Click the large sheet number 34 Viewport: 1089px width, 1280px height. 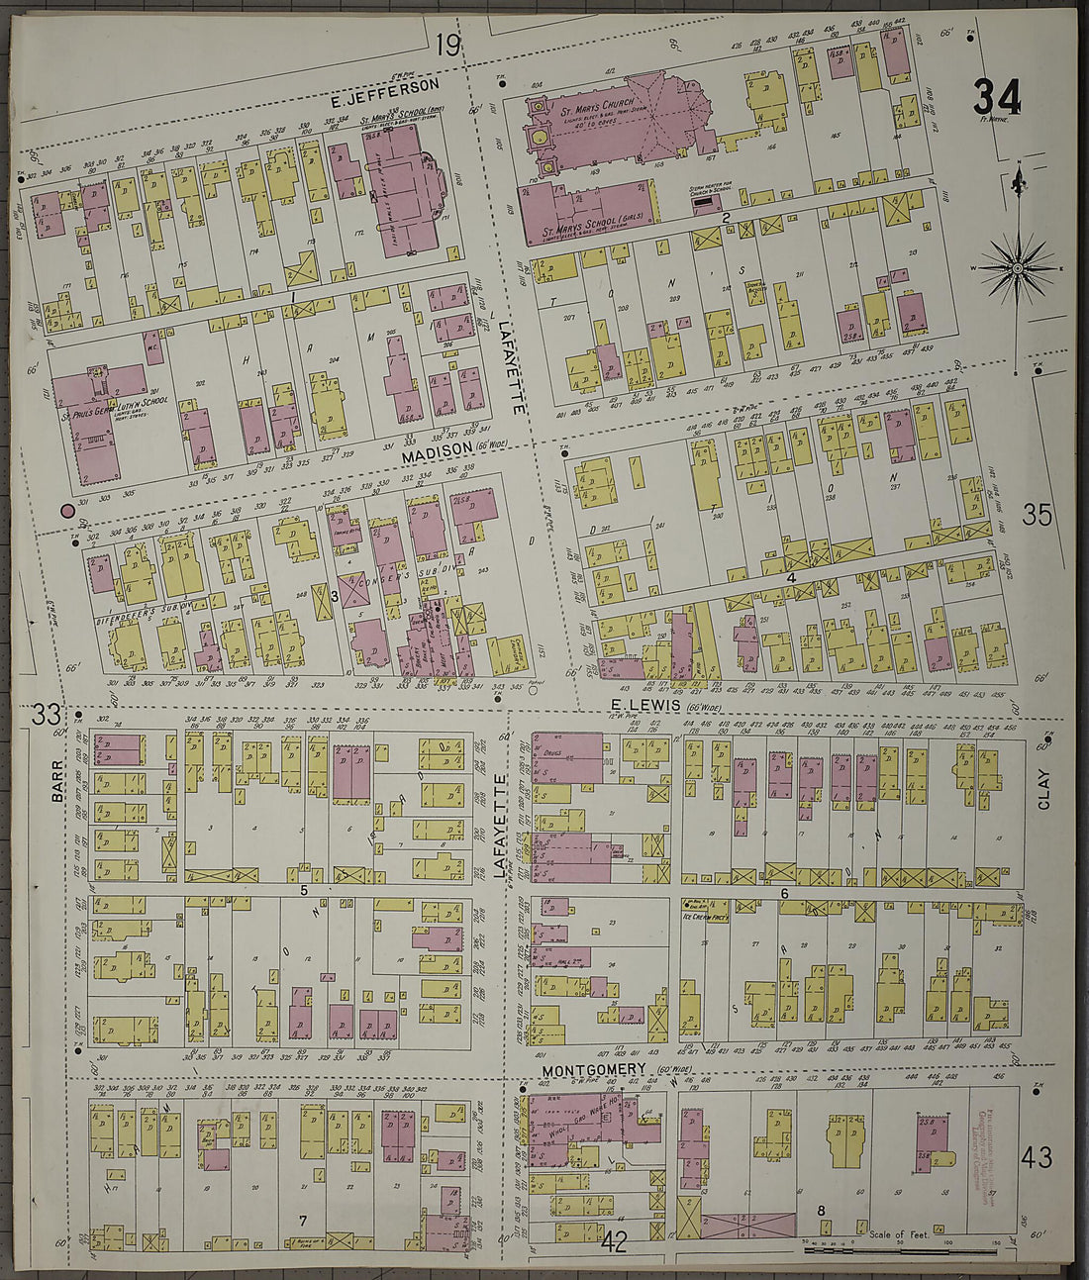click(x=996, y=98)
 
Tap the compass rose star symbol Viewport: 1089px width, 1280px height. click(x=1017, y=268)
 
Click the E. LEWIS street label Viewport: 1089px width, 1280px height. click(x=644, y=704)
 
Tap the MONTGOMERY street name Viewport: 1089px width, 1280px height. click(x=594, y=1070)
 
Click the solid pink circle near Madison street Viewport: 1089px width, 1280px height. click(x=67, y=511)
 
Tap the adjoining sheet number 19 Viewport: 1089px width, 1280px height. click(x=447, y=45)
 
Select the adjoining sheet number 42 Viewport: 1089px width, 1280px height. click(x=614, y=1242)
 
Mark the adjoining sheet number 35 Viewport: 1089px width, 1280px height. click(x=1037, y=515)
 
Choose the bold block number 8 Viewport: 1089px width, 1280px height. click(x=820, y=1210)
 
